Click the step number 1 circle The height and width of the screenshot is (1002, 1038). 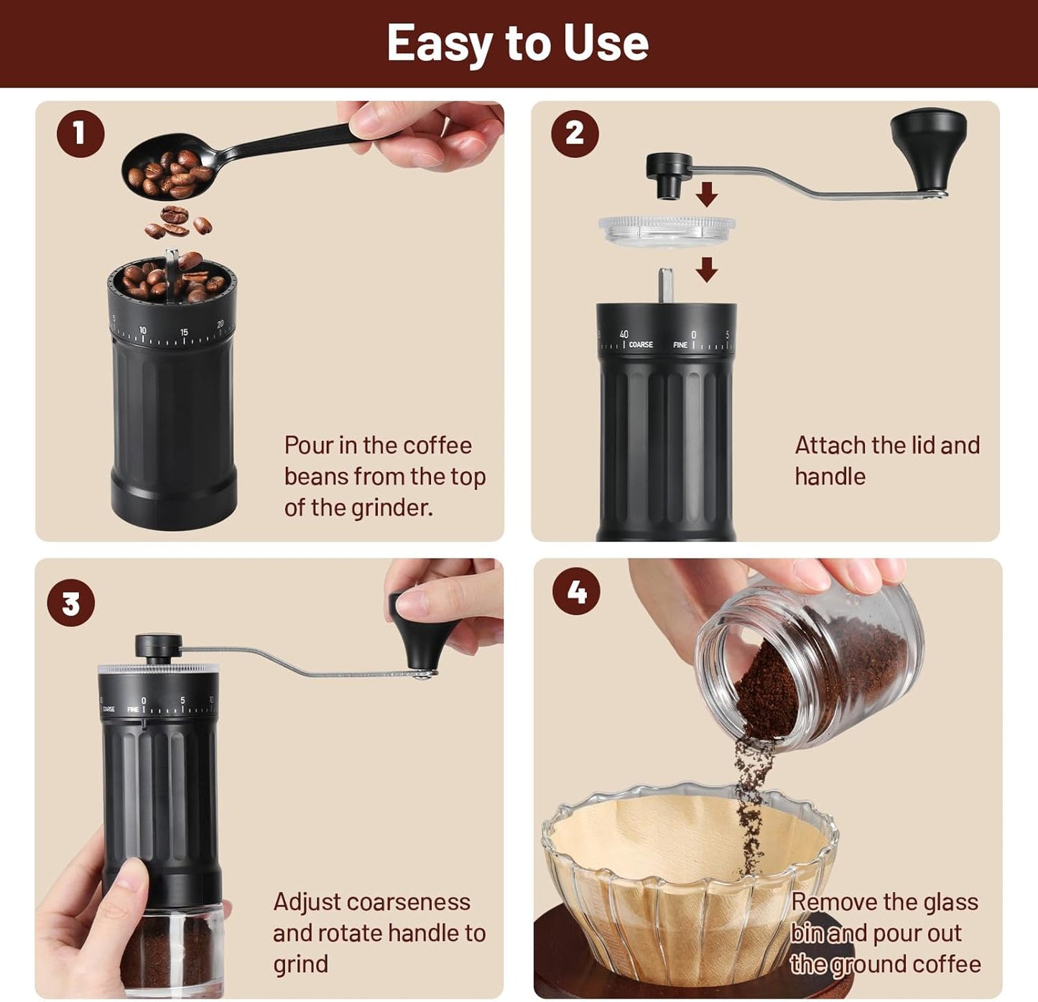click(80, 134)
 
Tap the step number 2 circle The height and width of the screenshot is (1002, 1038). click(575, 134)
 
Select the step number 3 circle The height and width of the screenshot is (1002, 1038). click(71, 603)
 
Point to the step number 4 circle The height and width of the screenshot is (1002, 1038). click(576, 592)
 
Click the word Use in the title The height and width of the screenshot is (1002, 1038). click(606, 43)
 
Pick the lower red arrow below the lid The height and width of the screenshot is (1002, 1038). click(707, 269)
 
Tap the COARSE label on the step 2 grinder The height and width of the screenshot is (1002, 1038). click(641, 345)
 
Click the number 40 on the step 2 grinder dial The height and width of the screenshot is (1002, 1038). click(624, 334)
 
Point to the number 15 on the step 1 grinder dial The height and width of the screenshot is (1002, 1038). click(184, 332)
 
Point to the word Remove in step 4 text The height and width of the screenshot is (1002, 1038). click(833, 901)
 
